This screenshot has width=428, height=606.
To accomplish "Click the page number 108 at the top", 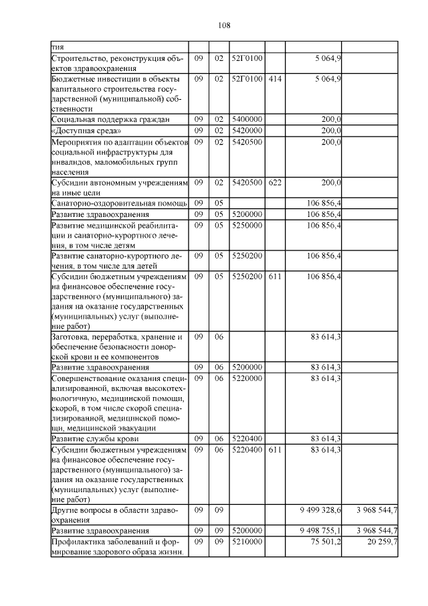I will [224, 25].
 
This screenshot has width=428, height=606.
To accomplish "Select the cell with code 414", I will [274, 78].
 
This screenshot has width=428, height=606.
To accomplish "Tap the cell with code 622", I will [274, 182].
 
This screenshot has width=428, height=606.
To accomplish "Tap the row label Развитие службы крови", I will [94, 439].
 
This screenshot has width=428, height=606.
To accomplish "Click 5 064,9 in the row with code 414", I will [328, 78].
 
